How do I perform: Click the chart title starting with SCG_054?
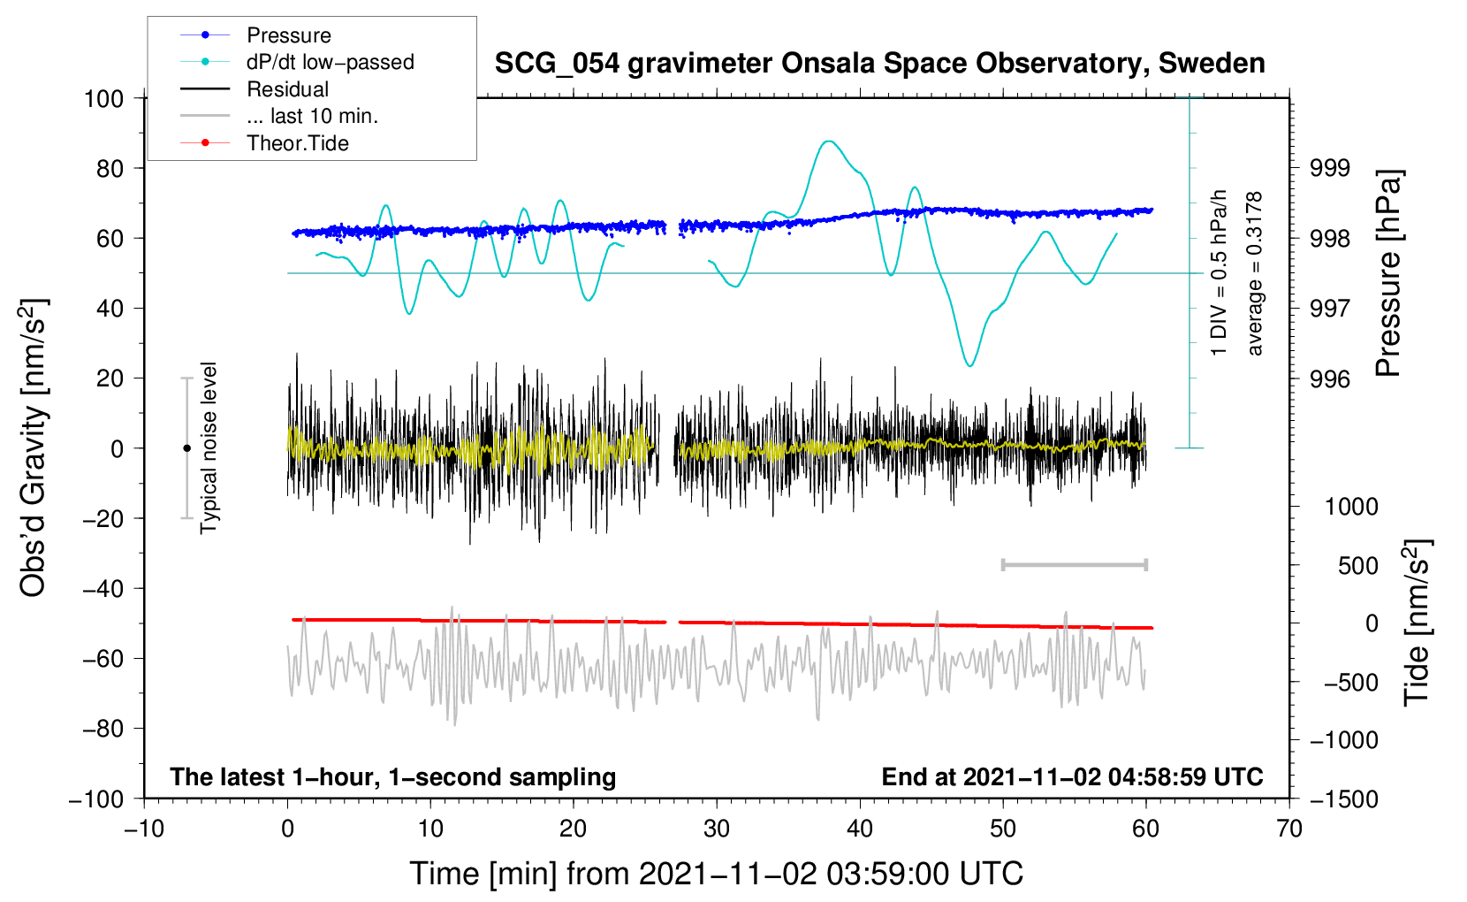coord(879,64)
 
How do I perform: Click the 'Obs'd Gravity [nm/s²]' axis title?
coord(33,447)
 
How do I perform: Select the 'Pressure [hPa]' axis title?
coord(1387,274)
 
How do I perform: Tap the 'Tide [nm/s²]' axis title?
coord(1418,623)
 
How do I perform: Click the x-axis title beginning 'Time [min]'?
coord(717,874)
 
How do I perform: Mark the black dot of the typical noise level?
coord(186,448)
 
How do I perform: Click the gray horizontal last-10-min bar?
coord(1074,565)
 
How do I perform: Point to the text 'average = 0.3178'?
coord(1254,274)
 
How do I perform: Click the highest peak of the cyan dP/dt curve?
coord(829,141)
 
